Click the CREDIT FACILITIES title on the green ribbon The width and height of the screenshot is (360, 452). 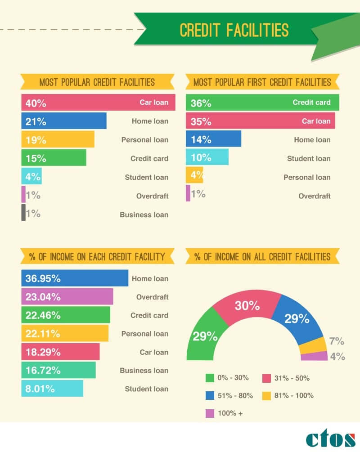[234, 30]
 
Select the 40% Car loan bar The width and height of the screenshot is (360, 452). [98, 103]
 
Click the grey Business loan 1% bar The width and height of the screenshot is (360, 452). [23, 213]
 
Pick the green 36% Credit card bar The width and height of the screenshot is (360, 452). [262, 103]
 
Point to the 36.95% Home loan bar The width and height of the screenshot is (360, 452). [75, 278]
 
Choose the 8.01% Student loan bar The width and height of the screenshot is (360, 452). [52, 389]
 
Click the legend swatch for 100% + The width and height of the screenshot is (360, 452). [210, 413]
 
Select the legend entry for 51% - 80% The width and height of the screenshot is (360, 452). [229, 396]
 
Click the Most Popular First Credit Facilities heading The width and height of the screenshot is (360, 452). [262, 82]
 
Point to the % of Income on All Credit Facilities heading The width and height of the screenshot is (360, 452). [262, 257]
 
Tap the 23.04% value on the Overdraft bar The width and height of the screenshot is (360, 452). [43, 297]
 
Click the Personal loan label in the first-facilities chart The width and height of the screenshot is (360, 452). [307, 177]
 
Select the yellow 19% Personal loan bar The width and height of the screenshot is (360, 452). [58, 139]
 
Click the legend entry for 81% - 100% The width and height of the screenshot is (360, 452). [288, 396]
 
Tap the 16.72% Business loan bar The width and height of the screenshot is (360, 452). [58, 370]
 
